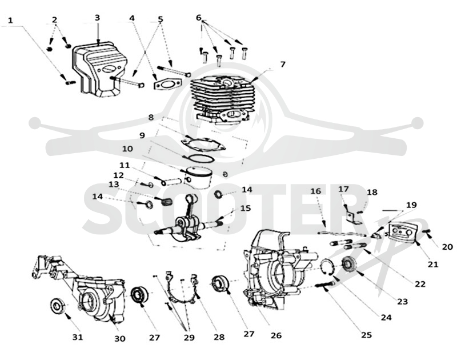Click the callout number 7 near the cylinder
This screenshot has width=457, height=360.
point(283,64)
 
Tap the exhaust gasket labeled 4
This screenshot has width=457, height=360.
point(167,84)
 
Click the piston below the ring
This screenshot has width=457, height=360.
point(198,177)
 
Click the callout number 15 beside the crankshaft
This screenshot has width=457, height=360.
point(246,208)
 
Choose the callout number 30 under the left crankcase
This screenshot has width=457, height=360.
point(119,338)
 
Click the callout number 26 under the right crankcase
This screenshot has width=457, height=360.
point(276,335)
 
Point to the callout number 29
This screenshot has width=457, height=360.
point(189,337)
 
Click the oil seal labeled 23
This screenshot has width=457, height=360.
point(347,264)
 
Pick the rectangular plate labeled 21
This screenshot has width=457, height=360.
point(403,232)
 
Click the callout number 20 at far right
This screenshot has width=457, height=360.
point(447,247)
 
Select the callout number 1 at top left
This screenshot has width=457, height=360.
point(10,21)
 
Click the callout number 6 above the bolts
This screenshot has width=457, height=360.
point(199,18)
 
